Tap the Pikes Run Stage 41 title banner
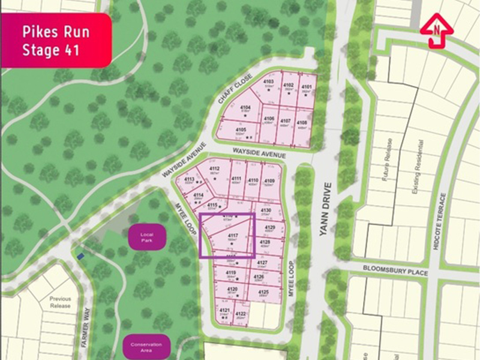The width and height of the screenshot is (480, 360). tap(56, 40)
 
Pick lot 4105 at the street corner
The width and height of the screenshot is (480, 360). tap(241, 131)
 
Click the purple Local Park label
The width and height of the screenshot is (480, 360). tap(143, 238)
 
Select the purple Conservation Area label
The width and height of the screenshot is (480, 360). tap(146, 347)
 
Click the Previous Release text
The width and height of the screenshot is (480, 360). tap(61, 302)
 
